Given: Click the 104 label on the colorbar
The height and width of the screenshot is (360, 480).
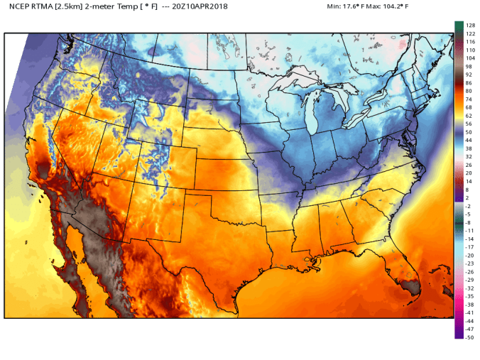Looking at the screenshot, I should (469, 58).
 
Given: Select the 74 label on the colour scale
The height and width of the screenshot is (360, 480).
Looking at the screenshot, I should (469, 99).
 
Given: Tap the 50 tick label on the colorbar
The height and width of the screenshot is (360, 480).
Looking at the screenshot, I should (469, 132).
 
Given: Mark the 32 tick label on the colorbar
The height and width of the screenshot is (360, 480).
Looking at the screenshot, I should (469, 157).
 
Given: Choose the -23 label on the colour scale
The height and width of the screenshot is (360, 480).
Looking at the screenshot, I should (469, 263).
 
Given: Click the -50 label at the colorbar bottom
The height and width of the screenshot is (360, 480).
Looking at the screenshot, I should (469, 337).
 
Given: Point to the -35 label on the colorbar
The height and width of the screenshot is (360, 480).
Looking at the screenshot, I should (469, 296).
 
